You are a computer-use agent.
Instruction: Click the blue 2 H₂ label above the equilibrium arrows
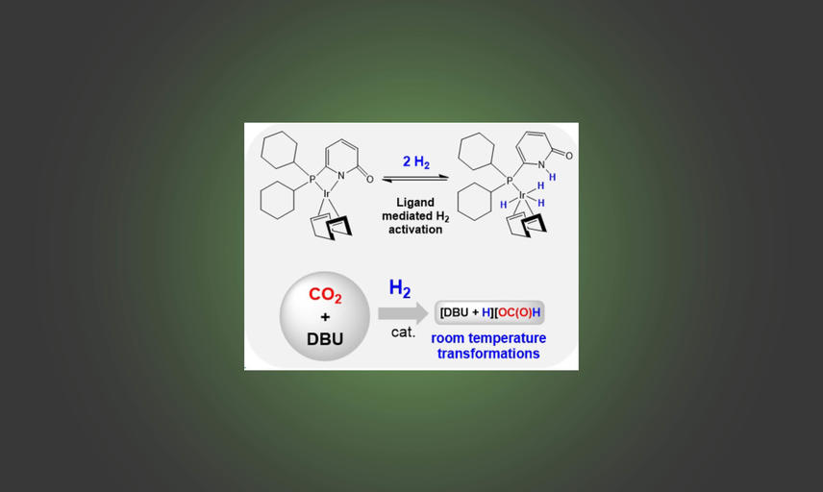point(416,162)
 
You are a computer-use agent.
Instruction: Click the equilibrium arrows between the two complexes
point(415,179)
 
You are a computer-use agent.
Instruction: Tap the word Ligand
point(415,203)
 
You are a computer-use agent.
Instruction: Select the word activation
point(415,230)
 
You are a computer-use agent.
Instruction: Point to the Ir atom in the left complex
point(326,194)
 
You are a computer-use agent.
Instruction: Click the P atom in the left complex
point(312,180)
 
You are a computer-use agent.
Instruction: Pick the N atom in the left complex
point(341,176)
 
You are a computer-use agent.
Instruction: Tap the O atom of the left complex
point(370,180)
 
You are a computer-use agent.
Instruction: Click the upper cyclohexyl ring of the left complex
point(279,150)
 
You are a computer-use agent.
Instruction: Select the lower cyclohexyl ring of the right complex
point(475,202)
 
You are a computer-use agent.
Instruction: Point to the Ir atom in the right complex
point(522,195)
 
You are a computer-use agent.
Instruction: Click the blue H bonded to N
point(552,177)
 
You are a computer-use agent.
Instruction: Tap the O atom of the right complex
point(569,156)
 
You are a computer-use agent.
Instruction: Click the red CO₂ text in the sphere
point(325,295)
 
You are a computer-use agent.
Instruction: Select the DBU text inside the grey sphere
point(325,339)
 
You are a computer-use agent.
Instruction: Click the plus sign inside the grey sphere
point(325,317)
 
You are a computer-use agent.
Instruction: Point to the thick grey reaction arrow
point(403,313)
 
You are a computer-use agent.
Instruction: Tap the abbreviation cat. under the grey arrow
point(403,332)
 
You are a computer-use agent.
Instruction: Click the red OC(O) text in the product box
point(514,312)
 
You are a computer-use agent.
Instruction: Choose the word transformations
point(488,354)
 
